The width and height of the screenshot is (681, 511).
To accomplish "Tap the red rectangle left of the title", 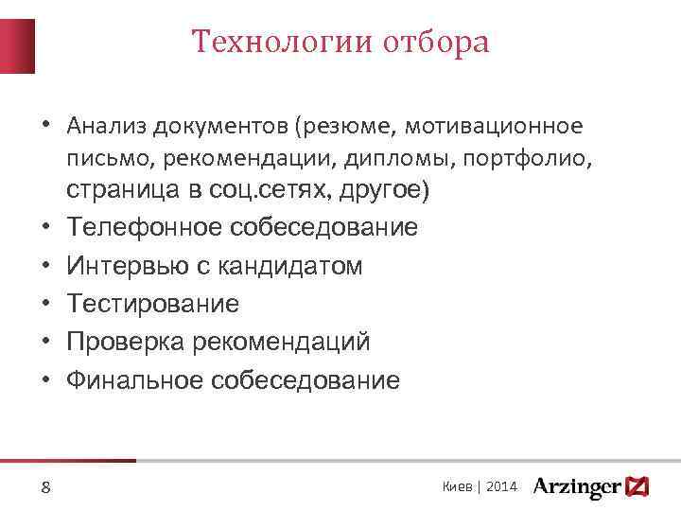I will click(18, 45).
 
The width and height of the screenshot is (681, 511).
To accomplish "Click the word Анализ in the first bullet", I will click(105, 126).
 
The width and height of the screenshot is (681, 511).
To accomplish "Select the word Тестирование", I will click(152, 304).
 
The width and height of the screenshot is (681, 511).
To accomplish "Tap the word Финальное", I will click(128, 380).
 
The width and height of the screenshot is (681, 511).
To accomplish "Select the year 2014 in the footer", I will click(501, 486).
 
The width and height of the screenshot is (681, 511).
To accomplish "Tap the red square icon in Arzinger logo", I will click(638, 486).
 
